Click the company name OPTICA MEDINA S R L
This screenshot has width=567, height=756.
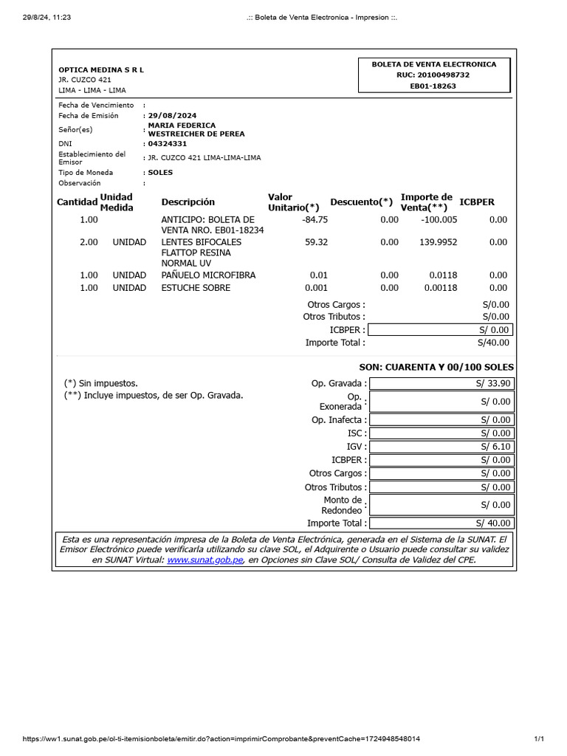[101, 69]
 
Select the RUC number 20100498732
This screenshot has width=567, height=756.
[433, 75]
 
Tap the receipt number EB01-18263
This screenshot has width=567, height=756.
[433, 86]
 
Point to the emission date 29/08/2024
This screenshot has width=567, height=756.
[173, 116]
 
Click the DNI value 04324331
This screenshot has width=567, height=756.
[168, 143]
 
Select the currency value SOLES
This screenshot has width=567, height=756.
[160, 172]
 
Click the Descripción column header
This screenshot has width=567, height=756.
[188, 202]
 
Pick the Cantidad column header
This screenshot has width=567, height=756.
[77, 202]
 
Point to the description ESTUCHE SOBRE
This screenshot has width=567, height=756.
[196, 288]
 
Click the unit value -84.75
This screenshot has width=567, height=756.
[315, 219]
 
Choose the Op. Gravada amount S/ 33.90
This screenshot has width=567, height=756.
[492, 383]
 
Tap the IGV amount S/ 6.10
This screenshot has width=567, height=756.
[495, 447]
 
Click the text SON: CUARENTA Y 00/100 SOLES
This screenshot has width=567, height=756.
[436, 367]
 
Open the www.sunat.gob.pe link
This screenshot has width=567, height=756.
[205, 560]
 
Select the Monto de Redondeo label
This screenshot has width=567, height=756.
[343, 505]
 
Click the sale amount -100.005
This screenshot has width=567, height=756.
[439, 219]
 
